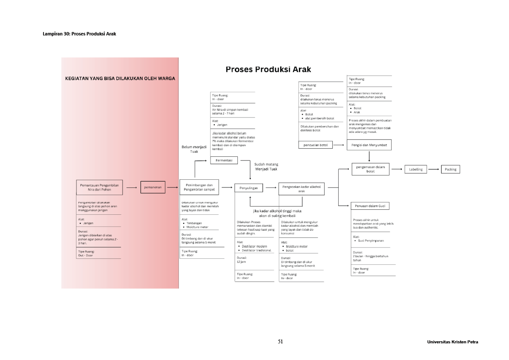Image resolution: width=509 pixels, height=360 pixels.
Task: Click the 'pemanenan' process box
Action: pos(152,187)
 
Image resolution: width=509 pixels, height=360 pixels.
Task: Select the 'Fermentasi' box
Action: pos(224,160)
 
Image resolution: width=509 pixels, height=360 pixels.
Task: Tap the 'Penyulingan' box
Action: pos(248,187)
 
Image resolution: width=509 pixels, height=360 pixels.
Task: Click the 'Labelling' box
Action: pos(415,169)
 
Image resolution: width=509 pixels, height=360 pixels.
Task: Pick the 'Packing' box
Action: pos(450,169)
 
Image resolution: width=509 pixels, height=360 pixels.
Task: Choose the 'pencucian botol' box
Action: pos(316,145)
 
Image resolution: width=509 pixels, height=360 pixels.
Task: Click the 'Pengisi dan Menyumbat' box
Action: pos(369,145)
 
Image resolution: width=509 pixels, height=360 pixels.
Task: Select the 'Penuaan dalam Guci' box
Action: pos(370,206)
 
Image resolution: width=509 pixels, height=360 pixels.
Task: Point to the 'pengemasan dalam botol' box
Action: pos(370,169)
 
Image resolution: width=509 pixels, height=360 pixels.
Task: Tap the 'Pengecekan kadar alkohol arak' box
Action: pos(301,189)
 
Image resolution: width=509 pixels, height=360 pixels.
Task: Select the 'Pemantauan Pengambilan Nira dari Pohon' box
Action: pos(99,187)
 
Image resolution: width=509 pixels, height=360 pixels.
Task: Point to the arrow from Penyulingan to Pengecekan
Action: pos(270,187)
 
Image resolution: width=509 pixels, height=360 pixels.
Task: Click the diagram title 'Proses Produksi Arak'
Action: pos(268,70)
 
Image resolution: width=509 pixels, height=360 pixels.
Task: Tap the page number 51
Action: pos(281,342)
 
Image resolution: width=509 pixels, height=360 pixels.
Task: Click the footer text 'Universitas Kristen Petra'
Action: pos(452,342)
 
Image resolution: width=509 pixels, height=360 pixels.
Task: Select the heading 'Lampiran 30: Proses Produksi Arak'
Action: pos(79,34)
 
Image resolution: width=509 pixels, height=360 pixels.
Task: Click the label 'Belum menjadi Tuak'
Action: pos(194,149)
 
